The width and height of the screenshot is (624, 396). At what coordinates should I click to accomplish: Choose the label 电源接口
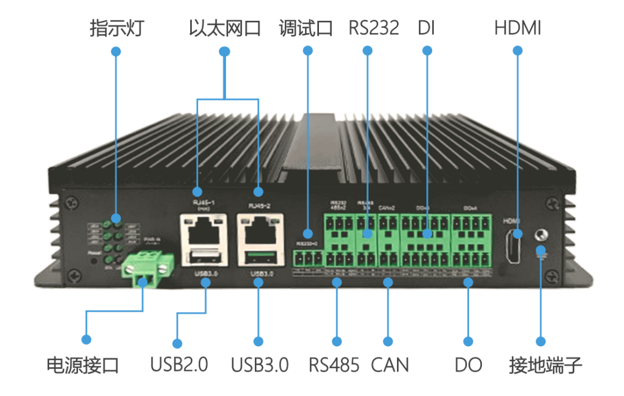[83, 365]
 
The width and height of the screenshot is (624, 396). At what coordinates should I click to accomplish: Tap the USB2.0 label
[179, 365]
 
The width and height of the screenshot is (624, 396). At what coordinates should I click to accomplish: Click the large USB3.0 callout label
[259, 365]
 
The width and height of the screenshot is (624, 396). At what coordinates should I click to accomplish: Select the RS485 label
[334, 365]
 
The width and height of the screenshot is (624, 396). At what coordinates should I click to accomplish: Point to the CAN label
[389, 365]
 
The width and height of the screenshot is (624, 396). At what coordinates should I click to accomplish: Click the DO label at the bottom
[468, 365]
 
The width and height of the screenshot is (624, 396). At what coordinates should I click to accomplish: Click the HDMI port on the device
[512, 246]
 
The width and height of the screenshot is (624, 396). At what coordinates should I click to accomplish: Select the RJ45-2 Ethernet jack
[260, 229]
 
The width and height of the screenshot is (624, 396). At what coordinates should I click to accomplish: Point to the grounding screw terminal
[541, 236]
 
